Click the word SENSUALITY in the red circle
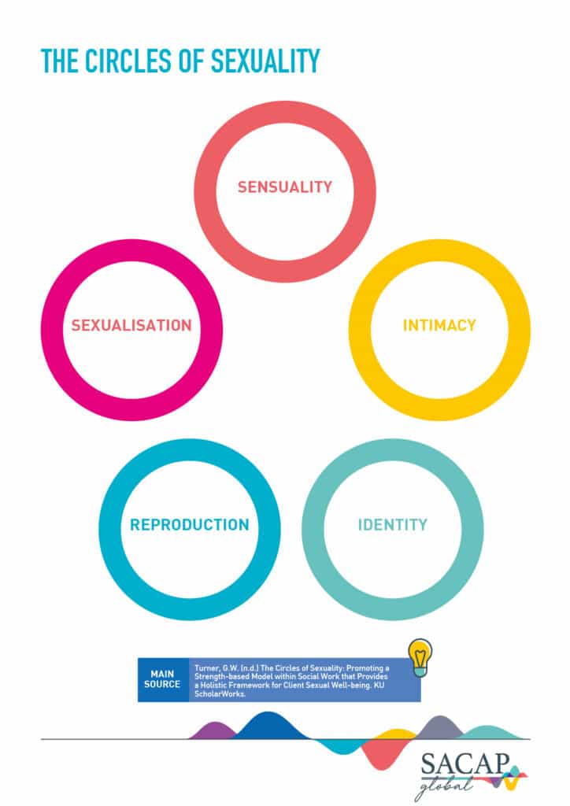click(285, 187)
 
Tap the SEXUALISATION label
click(131, 325)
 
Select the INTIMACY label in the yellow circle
click(439, 325)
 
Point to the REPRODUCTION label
click(190, 525)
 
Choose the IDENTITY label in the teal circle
click(393, 525)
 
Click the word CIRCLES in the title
click(128, 61)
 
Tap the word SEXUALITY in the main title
click(265, 61)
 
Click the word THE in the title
click(60, 61)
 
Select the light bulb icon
click(420, 657)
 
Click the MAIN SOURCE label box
click(162, 679)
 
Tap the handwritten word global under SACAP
click(445, 786)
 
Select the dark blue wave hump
click(269, 725)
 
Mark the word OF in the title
click(191, 61)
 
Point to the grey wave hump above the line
click(440, 727)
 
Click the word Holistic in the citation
click(215, 686)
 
